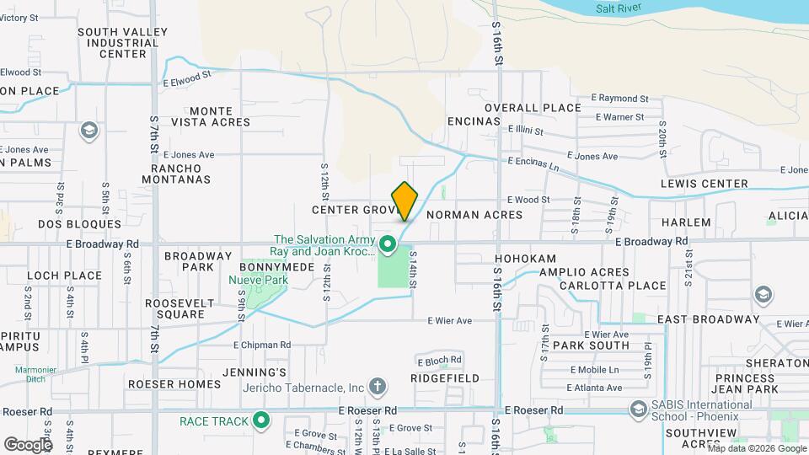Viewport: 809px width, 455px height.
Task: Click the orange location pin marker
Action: coord(405,201)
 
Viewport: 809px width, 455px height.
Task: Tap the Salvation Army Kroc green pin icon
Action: coord(388,245)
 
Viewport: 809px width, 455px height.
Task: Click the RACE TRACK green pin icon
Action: coord(262,420)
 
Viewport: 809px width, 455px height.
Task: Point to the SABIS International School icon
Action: coord(639,409)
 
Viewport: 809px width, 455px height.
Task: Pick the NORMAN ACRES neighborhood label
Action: coord(474,215)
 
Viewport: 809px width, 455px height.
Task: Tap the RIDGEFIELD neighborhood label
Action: coord(445,379)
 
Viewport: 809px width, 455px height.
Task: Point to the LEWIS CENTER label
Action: coord(705,184)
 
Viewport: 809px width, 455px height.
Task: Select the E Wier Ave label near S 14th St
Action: coord(449,320)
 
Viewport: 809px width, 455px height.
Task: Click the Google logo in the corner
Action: coord(28,444)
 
